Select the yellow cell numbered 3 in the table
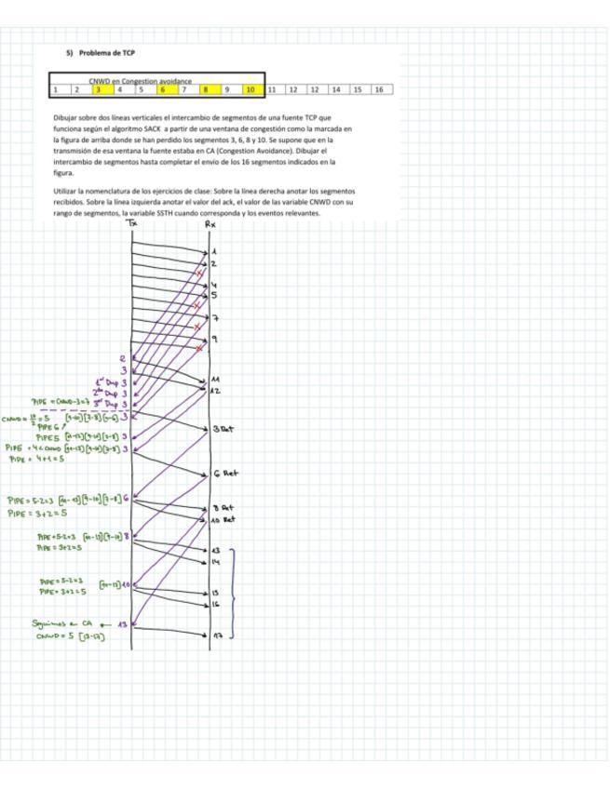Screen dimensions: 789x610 [x=97, y=90]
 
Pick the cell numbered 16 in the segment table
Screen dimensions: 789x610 [x=379, y=90]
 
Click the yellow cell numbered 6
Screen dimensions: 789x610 [x=162, y=90]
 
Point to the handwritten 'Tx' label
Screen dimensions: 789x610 [x=132, y=223]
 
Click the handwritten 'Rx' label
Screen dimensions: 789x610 [x=210, y=223]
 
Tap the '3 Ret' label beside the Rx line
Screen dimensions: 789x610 [x=223, y=429]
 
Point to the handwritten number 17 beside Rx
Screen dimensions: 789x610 [x=217, y=636]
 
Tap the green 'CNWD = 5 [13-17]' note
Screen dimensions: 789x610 [x=70, y=637]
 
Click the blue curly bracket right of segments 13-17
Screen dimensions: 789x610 [x=233, y=593]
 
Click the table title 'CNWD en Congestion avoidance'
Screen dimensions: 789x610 [x=141, y=81]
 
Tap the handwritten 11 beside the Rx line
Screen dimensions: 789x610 [x=215, y=380]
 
